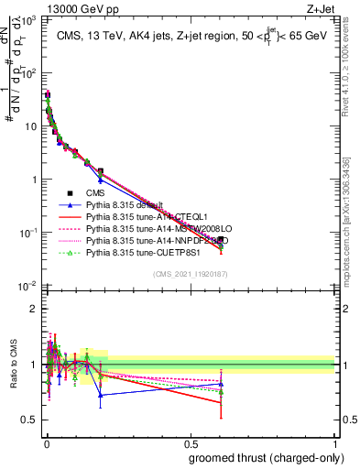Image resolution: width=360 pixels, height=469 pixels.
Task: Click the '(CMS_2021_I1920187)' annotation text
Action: (190, 273)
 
